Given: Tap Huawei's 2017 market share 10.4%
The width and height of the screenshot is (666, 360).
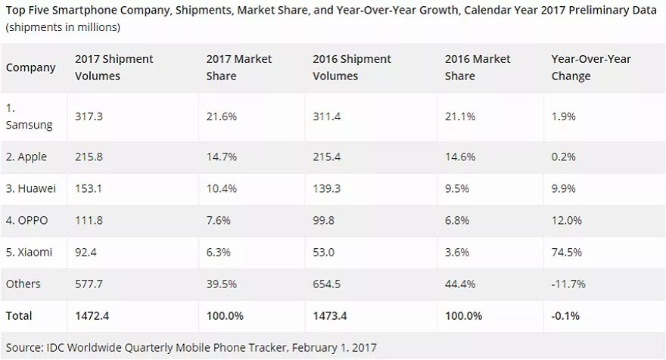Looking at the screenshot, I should [x=222, y=188].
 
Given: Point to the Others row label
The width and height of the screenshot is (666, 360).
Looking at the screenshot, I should [x=23, y=284].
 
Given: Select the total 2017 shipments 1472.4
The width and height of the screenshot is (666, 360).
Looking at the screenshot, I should [x=93, y=315].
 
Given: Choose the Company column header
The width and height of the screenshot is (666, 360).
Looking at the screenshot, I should [x=31, y=67].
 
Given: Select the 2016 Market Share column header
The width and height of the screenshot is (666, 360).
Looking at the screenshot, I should [x=477, y=67].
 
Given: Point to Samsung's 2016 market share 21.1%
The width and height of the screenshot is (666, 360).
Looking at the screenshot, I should [x=460, y=116].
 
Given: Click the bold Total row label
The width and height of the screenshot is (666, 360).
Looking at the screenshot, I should [x=20, y=315].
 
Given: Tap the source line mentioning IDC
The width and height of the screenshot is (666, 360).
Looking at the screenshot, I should [x=191, y=347].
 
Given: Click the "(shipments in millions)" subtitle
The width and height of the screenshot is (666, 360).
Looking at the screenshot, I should [x=63, y=27].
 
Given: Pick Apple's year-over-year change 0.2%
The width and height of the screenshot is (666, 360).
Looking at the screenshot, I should [x=565, y=157].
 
